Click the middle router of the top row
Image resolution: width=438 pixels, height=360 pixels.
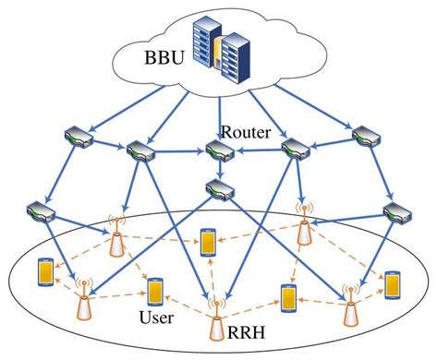click(x=220, y=150)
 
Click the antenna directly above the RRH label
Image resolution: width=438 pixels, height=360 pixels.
click(x=218, y=310)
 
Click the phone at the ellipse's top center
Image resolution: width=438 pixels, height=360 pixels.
click(x=208, y=242)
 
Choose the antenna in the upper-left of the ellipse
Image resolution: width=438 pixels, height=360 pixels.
click(x=116, y=237)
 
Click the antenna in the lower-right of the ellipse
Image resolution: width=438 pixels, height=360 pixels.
click(x=350, y=307)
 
